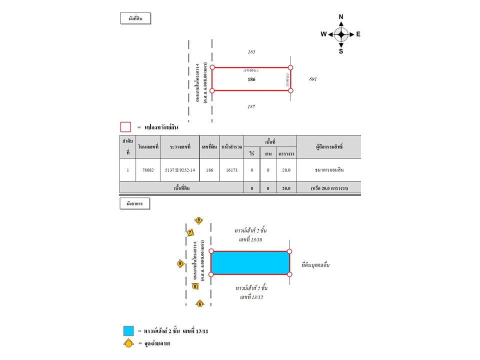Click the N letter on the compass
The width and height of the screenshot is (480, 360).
point(341,16)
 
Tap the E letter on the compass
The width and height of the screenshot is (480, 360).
point(358,34)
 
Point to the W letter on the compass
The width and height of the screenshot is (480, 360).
point(323,34)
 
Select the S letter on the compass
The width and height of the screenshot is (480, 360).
point(341,51)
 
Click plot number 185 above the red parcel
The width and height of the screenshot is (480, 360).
point(251,52)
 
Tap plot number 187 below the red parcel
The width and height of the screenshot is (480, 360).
point(251,106)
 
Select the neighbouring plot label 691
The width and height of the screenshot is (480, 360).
point(313,79)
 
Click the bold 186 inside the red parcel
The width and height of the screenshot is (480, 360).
point(251,79)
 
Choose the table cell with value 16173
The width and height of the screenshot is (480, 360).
point(231,170)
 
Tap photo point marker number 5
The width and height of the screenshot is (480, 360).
point(198,220)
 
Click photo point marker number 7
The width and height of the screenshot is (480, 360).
point(190,232)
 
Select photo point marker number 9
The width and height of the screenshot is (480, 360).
point(180,263)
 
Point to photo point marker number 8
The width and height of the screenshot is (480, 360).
point(195,286)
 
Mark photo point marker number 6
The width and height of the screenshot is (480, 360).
point(199,303)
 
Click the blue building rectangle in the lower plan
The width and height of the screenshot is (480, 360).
point(250,263)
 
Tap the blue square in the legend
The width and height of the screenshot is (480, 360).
point(128,330)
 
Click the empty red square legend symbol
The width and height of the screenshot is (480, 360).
point(125,127)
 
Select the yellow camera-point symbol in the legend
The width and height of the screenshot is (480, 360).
point(128,343)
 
